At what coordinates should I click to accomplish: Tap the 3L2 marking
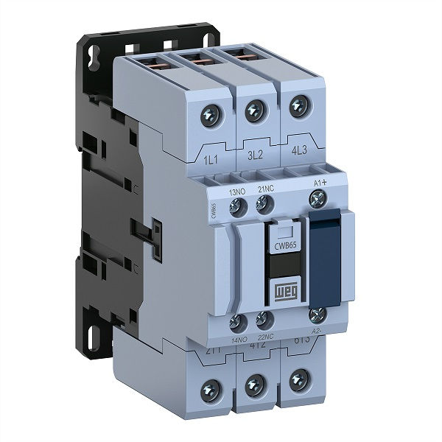[256, 157]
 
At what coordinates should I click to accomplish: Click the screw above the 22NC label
[263, 320]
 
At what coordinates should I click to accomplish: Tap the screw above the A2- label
[318, 315]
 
